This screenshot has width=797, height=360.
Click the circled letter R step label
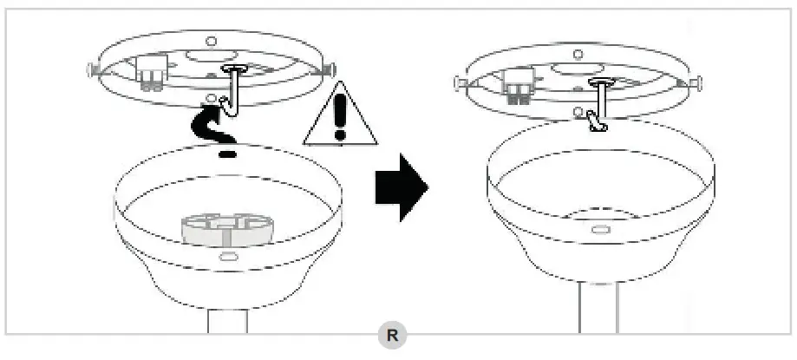coord(392,335)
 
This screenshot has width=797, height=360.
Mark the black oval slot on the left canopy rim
coord(227,154)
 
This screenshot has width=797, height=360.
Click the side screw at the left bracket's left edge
coord(91,66)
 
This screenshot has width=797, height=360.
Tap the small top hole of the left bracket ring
coord(210,41)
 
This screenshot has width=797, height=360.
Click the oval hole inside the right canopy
coord(600,229)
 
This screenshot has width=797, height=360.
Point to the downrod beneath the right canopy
coord(599,308)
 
